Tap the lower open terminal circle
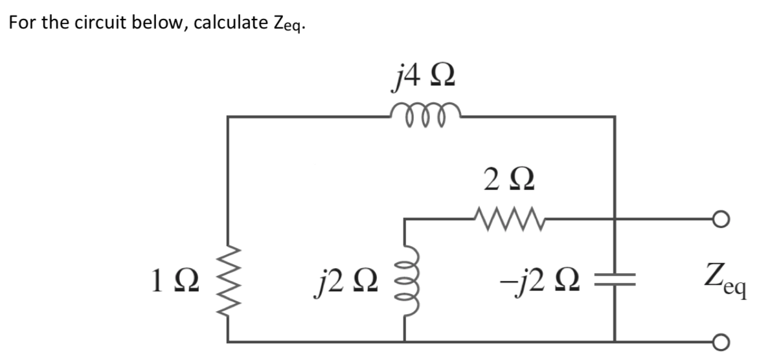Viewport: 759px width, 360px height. coord(743,341)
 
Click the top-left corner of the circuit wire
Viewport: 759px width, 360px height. coord(228,117)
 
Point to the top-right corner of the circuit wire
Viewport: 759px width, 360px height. coord(614,117)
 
